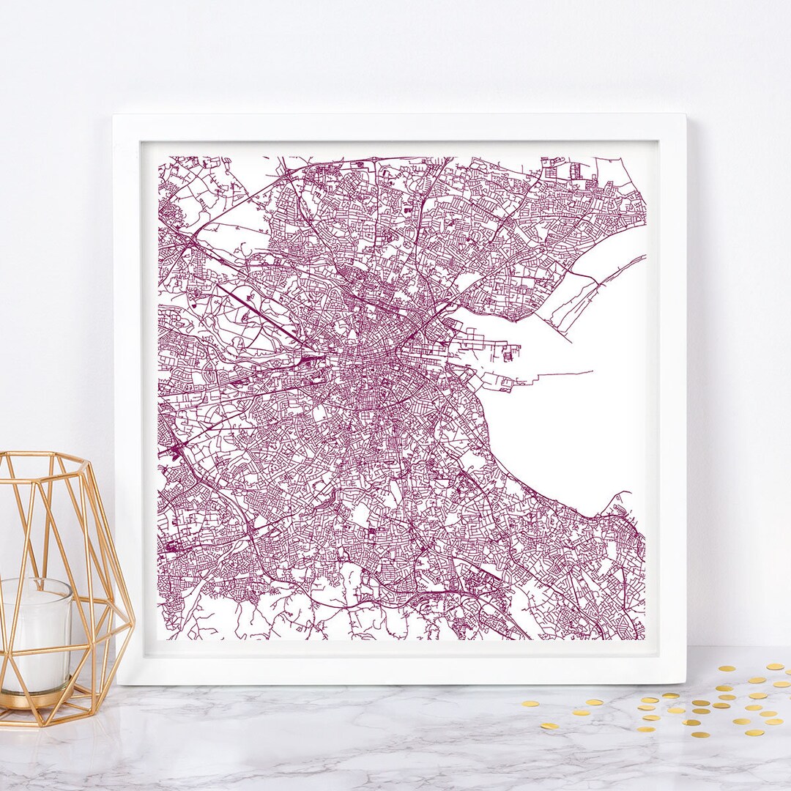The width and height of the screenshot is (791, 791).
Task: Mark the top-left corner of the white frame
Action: [x=114, y=115]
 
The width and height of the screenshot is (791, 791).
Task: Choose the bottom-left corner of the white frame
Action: [x=117, y=683]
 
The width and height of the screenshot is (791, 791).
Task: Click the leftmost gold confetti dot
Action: [x=527, y=704]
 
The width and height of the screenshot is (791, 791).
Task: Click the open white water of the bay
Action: [x=586, y=425]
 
